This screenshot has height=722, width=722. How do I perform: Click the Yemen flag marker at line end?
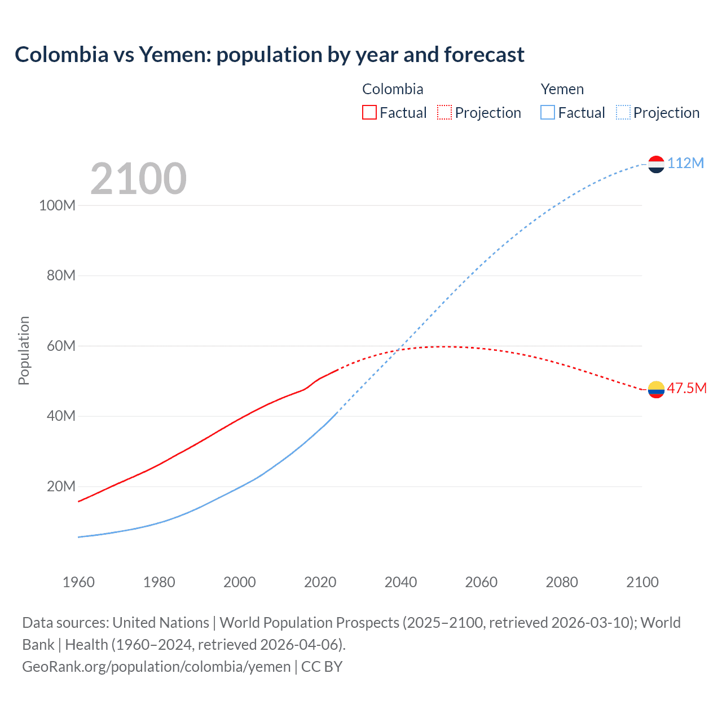coord(656,164)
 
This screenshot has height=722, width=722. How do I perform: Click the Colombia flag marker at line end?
coord(656,389)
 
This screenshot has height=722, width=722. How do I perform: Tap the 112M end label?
coord(685,163)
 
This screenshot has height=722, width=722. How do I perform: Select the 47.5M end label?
coord(686,388)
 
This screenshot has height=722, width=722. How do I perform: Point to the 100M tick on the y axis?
coord(57,205)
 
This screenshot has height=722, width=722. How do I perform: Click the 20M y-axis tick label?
coord(60,486)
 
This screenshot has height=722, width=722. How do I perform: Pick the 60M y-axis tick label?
coord(60,346)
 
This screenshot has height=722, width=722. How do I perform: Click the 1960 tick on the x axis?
coord(78,582)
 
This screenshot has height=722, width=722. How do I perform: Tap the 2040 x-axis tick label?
coord(400,582)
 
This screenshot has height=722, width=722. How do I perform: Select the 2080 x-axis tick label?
coord(562,582)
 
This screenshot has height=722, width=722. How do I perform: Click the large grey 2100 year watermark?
coord(138,179)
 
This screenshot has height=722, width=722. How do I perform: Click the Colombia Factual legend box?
coord(369,112)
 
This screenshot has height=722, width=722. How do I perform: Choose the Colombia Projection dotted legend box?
coord(444,112)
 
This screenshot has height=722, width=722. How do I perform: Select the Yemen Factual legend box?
coord(548,112)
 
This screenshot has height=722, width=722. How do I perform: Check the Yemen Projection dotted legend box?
coord(623,112)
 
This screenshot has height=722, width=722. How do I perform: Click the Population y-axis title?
coord(24,350)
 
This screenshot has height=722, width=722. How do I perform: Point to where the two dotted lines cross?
coord(398,350)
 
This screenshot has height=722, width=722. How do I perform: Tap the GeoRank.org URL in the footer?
coord(156,666)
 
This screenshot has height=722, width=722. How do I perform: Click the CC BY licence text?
coord(322,666)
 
